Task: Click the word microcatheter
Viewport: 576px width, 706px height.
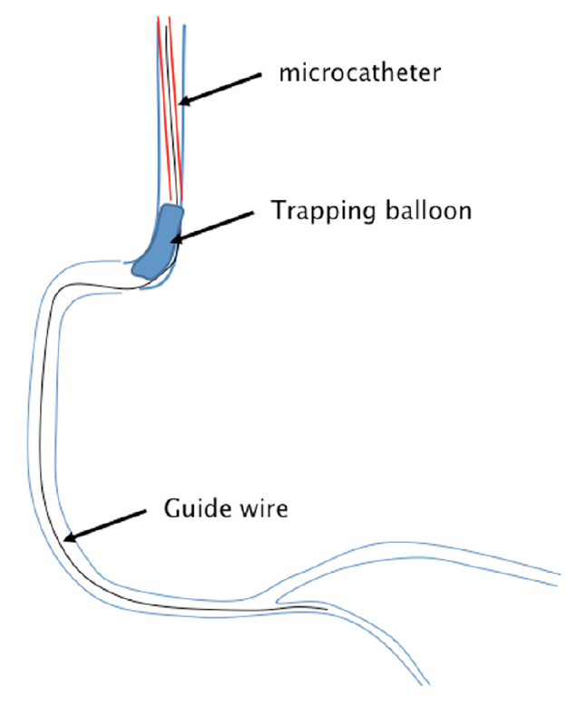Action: [x=361, y=73]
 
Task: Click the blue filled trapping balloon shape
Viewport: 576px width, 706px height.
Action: [x=159, y=240]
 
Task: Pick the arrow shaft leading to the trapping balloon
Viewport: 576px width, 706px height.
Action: [x=218, y=224]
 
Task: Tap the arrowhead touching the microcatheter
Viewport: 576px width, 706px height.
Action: [x=184, y=102]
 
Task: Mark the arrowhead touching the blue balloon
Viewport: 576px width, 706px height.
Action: [x=176, y=239]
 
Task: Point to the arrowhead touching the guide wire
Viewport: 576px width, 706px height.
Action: [x=67, y=540]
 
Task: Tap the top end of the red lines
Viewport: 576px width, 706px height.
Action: [x=163, y=18]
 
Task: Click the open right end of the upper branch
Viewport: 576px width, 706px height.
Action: [x=555, y=578]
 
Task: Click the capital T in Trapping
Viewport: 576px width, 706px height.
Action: [x=278, y=210]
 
